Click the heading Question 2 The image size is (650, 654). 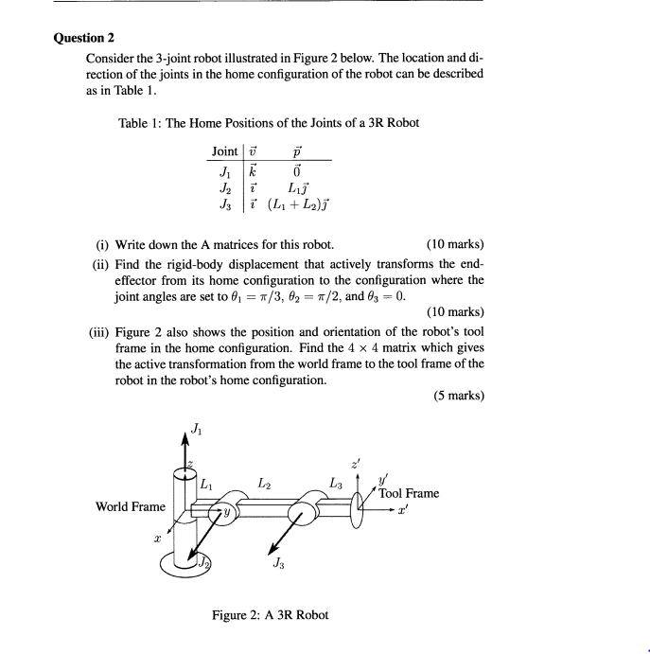84,39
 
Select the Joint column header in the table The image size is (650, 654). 225,151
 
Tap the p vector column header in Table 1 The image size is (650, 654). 297,151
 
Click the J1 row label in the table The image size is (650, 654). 224,171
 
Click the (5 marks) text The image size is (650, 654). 459,397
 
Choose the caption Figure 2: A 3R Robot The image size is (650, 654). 271,615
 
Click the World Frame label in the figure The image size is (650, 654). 131,506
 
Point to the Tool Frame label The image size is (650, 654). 409,493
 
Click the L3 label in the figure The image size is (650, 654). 335,484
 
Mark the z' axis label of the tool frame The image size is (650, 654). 356,464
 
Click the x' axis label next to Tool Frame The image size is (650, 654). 414,509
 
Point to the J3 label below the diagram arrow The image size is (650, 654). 277,565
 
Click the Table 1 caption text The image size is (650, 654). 268,123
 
